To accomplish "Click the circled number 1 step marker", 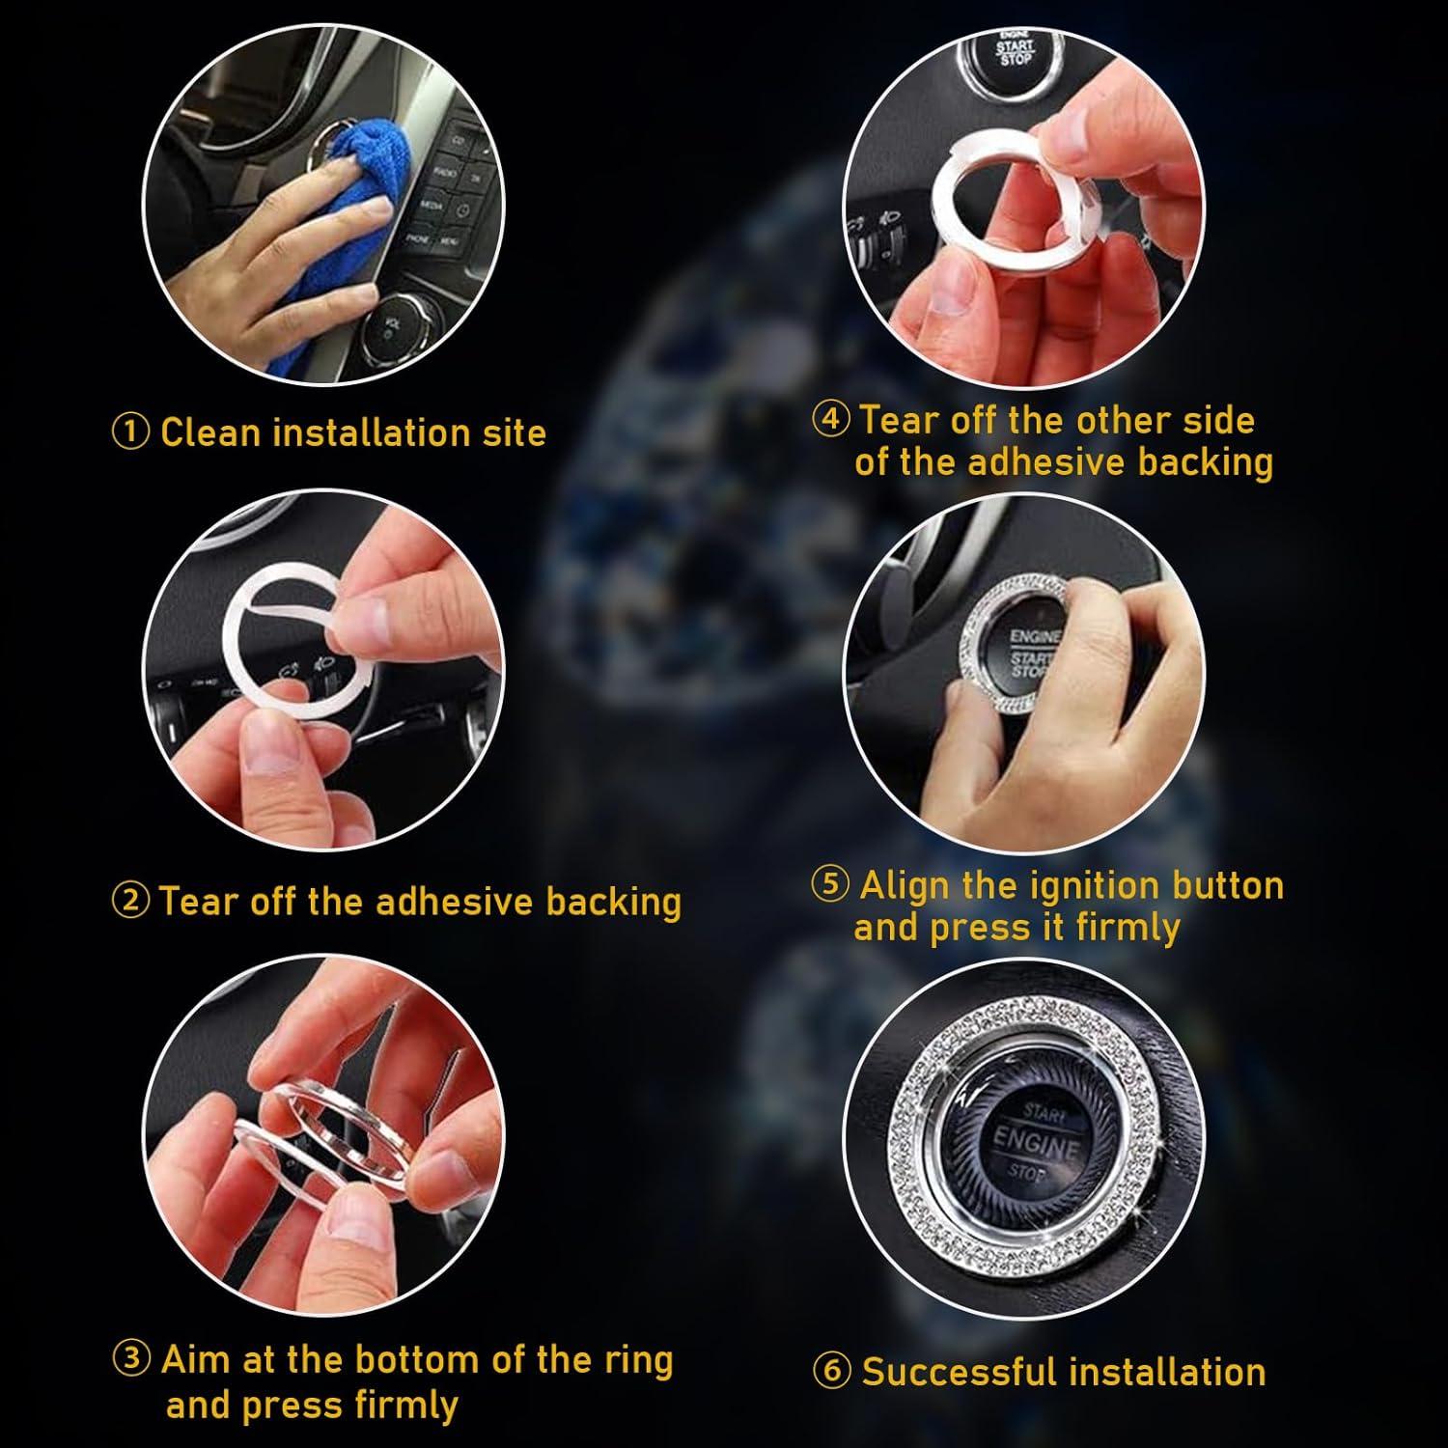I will [131, 433].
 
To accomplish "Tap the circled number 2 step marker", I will [131, 903].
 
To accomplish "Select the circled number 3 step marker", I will [131, 1360].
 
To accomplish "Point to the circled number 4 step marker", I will [831, 421].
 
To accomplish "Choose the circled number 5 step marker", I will [831, 885].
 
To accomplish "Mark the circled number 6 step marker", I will [831, 1372].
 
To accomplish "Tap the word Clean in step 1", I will [209, 433].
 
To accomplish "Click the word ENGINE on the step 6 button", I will [1035, 1146].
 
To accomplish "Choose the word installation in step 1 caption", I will [368, 433].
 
